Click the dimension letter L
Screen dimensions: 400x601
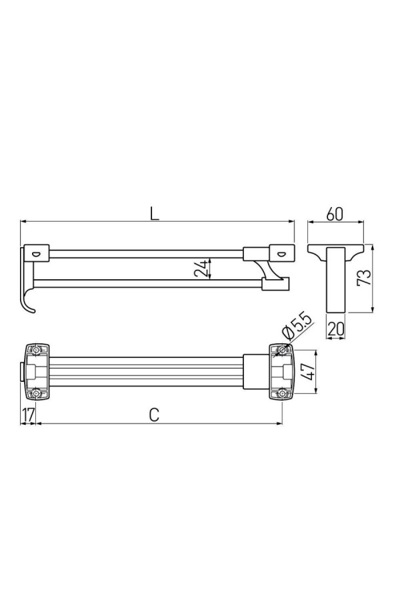click(x=154, y=214)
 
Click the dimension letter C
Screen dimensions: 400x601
click(x=154, y=415)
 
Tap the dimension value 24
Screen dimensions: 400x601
click(x=202, y=268)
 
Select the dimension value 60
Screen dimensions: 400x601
click(x=335, y=214)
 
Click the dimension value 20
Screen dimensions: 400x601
click(x=336, y=329)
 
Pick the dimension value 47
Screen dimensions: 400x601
click(x=307, y=371)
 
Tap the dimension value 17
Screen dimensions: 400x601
click(x=28, y=415)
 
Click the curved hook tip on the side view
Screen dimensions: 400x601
click(x=32, y=308)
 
